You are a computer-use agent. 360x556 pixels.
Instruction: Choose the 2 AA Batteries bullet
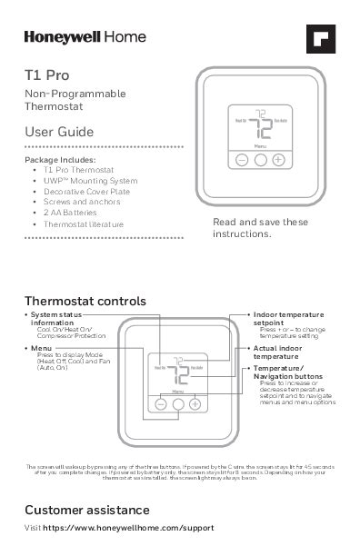coord(75,212)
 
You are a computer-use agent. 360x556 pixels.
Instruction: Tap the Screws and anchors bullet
coord(83,202)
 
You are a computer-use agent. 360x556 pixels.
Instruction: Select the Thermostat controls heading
coord(85,301)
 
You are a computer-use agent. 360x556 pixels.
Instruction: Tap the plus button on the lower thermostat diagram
coord(195,403)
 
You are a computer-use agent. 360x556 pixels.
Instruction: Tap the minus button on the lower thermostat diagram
coord(160,403)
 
